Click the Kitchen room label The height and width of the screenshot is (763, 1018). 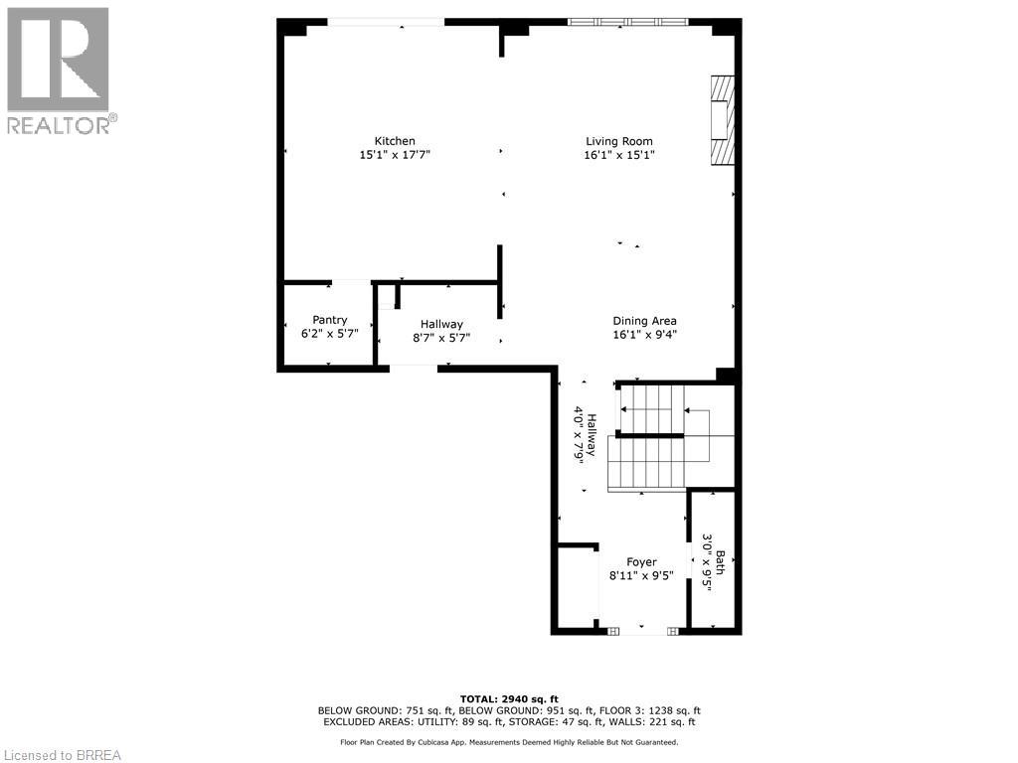tap(395, 141)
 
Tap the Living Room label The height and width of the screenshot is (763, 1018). tap(618, 141)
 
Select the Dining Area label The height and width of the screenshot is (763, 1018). tap(644, 321)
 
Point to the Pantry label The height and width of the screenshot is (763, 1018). tap(330, 320)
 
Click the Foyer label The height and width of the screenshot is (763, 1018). tap(641, 562)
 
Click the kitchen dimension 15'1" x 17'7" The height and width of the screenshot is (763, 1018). tap(395, 155)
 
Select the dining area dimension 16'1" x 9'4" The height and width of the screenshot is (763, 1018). tap(644, 335)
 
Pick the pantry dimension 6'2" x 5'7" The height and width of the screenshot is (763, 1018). tap(330, 334)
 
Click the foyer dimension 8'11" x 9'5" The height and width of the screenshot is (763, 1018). tap(641, 575)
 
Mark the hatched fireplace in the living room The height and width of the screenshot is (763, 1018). tap(723, 120)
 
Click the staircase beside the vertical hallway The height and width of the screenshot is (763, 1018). tap(671, 438)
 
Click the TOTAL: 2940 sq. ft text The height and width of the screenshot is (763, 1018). tap(509, 698)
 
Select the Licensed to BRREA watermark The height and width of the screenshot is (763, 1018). tap(61, 755)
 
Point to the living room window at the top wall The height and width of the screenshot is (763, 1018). tap(627, 22)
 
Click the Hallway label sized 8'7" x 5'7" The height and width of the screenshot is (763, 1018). tap(441, 324)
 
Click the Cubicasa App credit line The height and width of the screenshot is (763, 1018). tap(509, 742)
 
